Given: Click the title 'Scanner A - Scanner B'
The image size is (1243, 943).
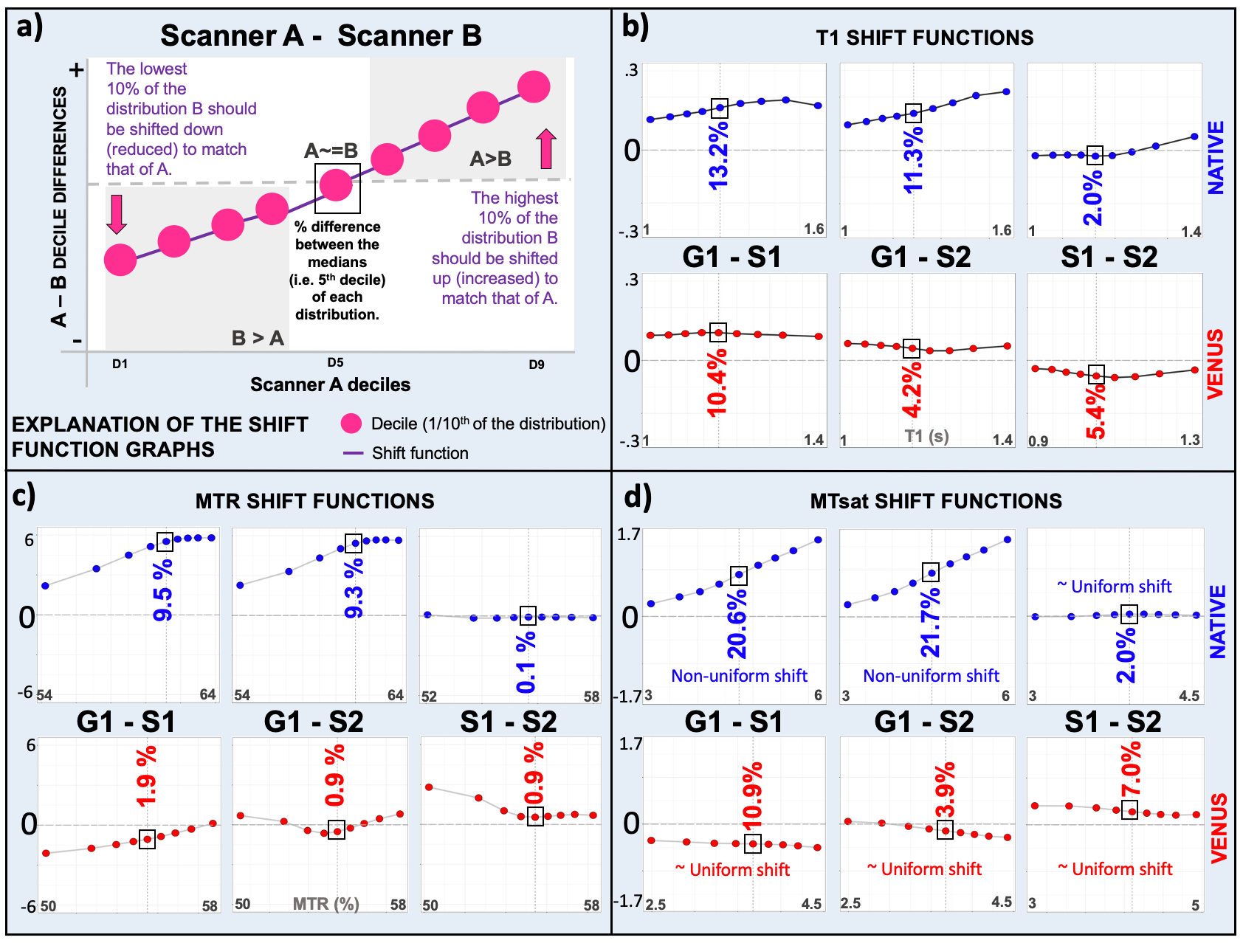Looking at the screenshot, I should tap(321, 35).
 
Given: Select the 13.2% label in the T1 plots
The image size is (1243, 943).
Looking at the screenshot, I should tap(718, 156).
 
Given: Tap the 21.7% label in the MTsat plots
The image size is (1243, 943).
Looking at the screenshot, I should tap(930, 623).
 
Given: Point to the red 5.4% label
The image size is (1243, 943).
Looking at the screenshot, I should tap(1096, 412).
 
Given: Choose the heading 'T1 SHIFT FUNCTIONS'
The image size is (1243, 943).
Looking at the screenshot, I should tap(924, 38).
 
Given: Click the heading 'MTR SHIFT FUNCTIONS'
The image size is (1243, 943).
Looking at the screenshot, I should tap(314, 502).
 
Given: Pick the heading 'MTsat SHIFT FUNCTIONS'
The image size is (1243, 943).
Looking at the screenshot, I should tap(936, 502).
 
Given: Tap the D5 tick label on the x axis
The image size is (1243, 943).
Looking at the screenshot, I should tap(336, 362).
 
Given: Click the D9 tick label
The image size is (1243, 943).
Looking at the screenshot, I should tap(537, 365).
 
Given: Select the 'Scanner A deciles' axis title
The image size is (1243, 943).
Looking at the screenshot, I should tap(330, 384).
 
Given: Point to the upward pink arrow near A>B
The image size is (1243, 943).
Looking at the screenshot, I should tap(546, 148).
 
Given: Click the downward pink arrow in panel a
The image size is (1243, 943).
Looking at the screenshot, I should tap(117, 214).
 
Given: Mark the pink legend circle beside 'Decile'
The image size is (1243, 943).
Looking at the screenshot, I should tap(351, 424).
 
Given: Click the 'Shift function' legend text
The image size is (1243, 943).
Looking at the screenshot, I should tap(420, 453).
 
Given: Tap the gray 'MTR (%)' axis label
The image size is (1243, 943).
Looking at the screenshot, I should tap(326, 904).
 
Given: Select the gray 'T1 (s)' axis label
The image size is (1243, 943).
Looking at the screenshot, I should tap(926, 436).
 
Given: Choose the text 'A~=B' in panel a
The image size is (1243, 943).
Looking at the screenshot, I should tap(331, 151).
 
